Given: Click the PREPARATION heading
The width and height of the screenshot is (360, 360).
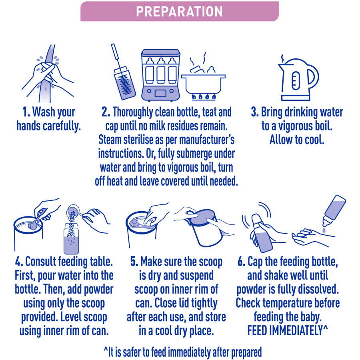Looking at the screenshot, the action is point(179,12).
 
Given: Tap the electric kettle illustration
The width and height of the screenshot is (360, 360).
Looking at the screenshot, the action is point(298,79).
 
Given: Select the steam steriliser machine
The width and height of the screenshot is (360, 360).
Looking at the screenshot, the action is point(160,75).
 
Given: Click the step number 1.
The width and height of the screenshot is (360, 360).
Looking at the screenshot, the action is point(26,112).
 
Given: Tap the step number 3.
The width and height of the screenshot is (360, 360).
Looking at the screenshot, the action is point(255,112).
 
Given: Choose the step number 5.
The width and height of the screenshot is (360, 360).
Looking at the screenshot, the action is point(134,262).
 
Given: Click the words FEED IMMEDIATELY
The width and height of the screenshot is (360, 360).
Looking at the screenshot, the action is point(285,330).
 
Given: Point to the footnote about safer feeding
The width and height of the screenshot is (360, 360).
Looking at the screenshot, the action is point(182,352).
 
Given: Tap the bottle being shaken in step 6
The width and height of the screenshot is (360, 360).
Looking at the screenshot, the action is point(262,233).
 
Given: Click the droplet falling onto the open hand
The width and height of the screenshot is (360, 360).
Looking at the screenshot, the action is point(324,230).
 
